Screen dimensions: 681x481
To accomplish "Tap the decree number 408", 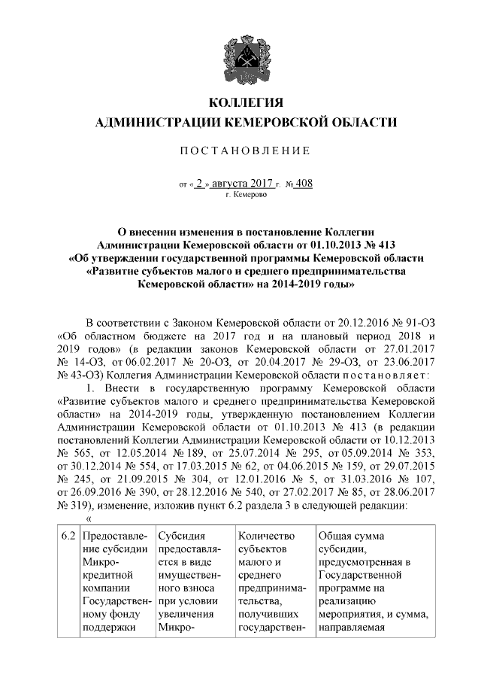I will tap(304, 183).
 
